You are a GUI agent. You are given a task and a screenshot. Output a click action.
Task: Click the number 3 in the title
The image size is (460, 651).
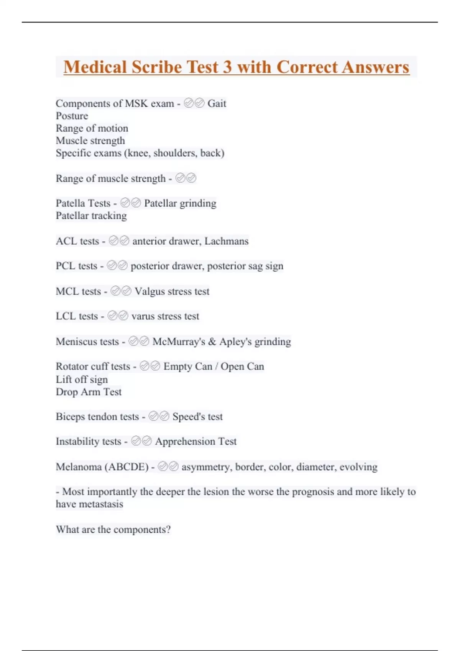tap(227, 67)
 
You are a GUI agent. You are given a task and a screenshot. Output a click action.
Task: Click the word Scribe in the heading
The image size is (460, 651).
tap(157, 67)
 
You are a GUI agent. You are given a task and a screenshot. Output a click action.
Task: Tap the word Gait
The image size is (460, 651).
tap(217, 103)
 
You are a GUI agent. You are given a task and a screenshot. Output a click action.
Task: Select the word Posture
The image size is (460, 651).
tap(72, 116)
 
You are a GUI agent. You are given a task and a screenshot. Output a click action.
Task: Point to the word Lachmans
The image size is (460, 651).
tap(227, 241)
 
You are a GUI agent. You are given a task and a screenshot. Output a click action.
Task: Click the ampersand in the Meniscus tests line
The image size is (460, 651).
tap(212, 342)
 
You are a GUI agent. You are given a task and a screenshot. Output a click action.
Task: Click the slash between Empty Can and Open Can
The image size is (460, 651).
tap(217, 367)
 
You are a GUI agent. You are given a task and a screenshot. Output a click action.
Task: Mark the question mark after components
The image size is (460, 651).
tap(168, 530)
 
